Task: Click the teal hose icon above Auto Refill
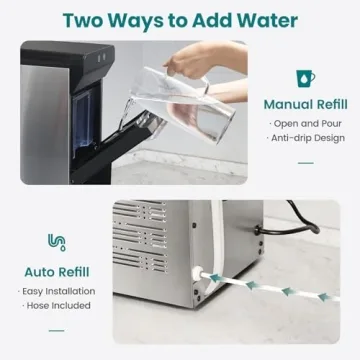click(x=56, y=242)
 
